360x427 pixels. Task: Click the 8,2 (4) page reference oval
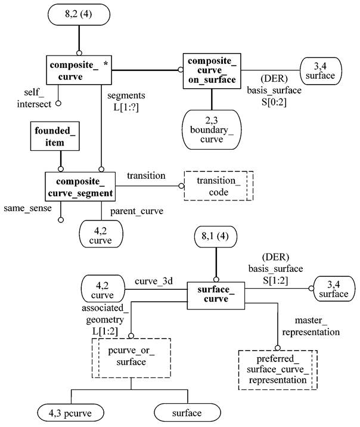click(x=77, y=14)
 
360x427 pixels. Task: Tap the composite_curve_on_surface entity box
click(x=211, y=70)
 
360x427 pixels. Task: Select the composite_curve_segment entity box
click(x=80, y=186)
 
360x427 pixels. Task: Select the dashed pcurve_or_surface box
click(x=131, y=356)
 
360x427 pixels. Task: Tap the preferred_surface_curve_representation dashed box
click(x=278, y=369)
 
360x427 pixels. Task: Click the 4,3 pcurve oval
click(x=72, y=412)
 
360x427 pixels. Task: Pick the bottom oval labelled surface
click(x=187, y=412)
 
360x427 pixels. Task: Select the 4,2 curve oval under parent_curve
click(x=101, y=233)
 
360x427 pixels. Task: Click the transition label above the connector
click(x=146, y=176)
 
